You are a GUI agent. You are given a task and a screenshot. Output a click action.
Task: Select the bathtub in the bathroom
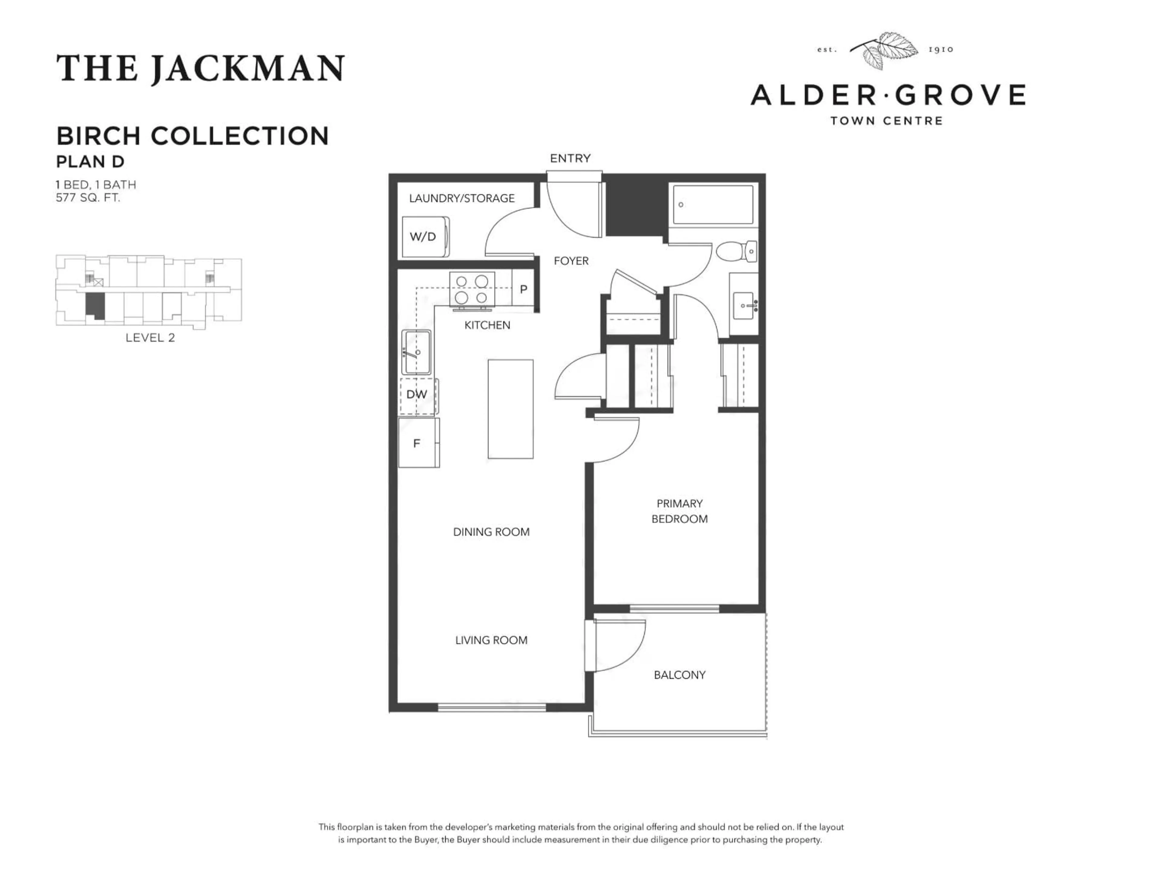(713, 204)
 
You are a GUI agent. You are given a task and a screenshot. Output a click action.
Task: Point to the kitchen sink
(416, 352)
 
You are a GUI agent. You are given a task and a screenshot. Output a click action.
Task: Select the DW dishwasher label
(416, 394)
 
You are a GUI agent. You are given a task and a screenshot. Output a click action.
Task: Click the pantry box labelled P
(523, 289)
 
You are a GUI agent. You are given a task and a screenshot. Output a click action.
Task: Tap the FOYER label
(571, 261)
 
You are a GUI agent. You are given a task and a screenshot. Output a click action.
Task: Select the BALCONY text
(679, 675)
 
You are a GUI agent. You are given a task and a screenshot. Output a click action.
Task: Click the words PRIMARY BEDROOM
(679, 511)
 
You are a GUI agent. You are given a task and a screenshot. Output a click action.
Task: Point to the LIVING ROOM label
(491, 640)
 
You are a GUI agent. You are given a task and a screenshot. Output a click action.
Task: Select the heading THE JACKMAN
(200, 69)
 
